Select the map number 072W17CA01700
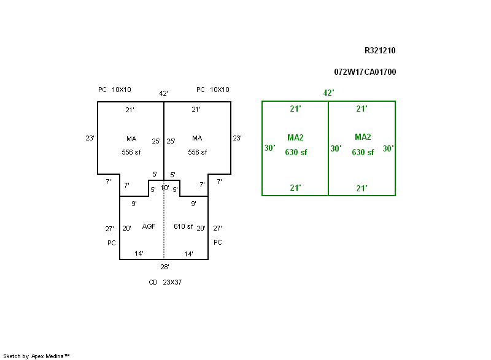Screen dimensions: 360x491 coord(365,72)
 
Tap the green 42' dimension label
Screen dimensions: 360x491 coord(328,93)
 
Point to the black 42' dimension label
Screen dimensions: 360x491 coord(164,93)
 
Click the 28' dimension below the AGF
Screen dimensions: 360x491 coord(164,267)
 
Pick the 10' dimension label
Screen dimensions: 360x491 coord(164,188)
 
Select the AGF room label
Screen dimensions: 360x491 coord(149,227)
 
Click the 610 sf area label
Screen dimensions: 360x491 coord(183,227)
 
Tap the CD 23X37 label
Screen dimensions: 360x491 coord(165,283)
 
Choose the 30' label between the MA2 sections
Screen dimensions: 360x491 coord(336,148)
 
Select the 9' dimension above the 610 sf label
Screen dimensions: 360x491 coord(193,204)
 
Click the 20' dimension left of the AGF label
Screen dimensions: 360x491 coord(126,228)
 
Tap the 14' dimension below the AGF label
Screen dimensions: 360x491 coord(139,253)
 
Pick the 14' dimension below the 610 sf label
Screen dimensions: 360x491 coord(189,253)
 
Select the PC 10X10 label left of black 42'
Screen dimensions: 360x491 coord(115,90)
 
